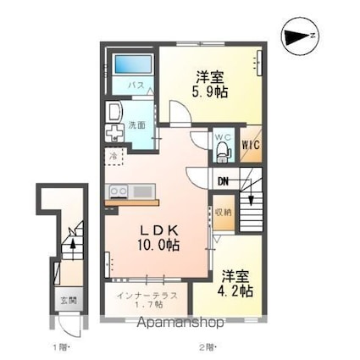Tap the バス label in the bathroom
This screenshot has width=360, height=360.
136,86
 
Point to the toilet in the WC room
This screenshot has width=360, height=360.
223,149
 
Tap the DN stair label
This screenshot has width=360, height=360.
224,180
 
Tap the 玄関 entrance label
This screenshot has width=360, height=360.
66,300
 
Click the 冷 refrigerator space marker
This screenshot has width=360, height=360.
112,157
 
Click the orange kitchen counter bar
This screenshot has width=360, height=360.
131,202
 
